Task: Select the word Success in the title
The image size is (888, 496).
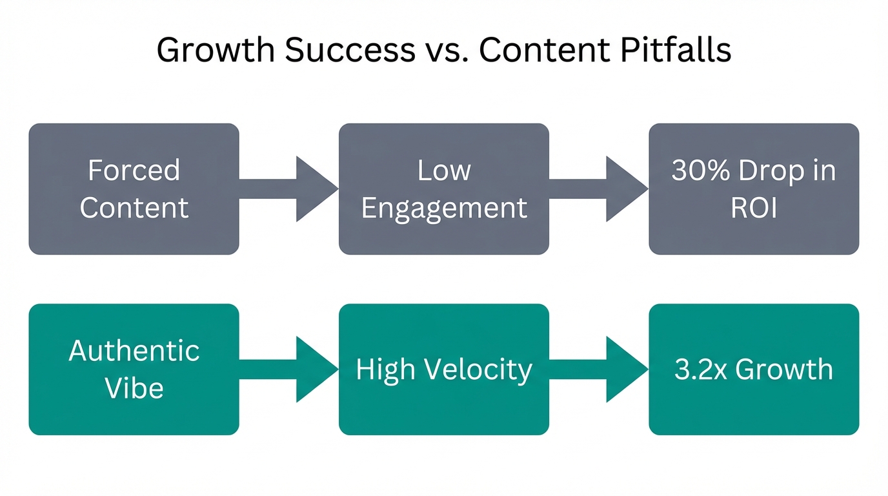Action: [349, 50]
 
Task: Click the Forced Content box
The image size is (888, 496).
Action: [134, 189]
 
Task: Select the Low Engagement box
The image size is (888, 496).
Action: [444, 189]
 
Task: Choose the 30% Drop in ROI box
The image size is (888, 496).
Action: [754, 189]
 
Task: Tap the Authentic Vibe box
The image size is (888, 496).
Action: [134, 369]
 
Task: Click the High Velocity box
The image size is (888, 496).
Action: [444, 369]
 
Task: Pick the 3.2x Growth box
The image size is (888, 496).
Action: [754, 369]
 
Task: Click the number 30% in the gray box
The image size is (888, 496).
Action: [700, 170]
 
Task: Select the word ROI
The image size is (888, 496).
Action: [754, 208]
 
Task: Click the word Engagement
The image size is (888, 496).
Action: [444, 208]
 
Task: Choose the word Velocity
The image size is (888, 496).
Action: [480, 369]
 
